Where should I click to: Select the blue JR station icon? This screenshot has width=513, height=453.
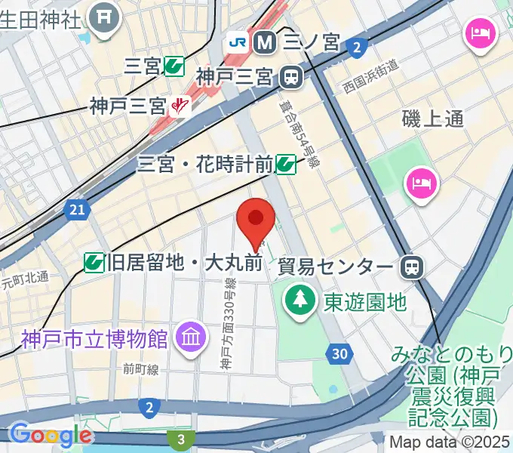[x=238, y=42]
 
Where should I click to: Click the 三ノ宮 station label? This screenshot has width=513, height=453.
[x=311, y=42]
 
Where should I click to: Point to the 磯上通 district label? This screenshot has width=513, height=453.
[x=432, y=119]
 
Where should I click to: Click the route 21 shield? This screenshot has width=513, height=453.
[x=75, y=210]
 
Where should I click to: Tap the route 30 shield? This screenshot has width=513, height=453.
[x=340, y=353]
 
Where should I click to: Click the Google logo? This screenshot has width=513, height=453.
[x=50, y=435]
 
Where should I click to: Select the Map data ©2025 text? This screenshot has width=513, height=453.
[x=449, y=442]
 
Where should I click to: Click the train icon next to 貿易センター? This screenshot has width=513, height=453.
[x=413, y=267]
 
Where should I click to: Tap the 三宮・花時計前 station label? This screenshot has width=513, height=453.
[x=205, y=163]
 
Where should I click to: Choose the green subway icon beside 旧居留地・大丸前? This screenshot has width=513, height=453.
[x=95, y=263]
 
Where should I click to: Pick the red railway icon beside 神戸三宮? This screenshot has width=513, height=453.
[x=180, y=106]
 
